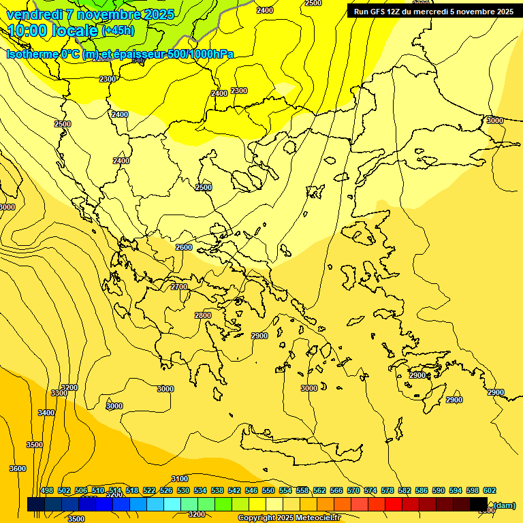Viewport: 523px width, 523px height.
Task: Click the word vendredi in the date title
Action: (x=35, y=14)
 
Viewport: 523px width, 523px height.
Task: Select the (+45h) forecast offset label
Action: (x=118, y=31)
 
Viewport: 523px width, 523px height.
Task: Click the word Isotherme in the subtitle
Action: (x=32, y=54)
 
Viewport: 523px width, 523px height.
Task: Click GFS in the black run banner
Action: (x=379, y=12)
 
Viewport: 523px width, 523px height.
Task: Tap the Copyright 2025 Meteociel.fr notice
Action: (x=289, y=518)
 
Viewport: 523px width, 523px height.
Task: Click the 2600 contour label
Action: (x=184, y=247)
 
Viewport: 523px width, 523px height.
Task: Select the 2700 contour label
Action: (x=179, y=287)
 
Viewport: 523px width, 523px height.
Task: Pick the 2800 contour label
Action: (x=203, y=315)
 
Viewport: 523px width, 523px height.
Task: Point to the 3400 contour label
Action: (x=46, y=413)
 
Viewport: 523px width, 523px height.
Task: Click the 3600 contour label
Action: (x=18, y=469)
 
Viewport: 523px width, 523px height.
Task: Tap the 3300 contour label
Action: (x=59, y=393)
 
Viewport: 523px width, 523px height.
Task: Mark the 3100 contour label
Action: (x=180, y=479)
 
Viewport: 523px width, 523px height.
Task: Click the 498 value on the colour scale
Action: (x=47, y=490)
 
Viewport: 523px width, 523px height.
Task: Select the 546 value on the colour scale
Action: (x=251, y=490)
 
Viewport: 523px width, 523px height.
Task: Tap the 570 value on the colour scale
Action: (x=353, y=490)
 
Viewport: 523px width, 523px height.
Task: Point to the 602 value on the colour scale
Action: (x=490, y=490)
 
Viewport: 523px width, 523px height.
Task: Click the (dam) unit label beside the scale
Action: (x=504, y=505)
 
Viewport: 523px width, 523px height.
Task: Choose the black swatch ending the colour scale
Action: (x=479, y=505)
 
